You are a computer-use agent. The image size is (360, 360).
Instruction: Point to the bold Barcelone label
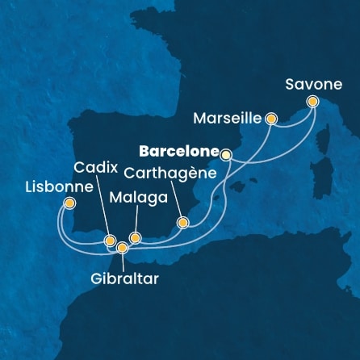[178, 150]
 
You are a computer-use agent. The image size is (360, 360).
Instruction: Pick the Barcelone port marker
[226, 153]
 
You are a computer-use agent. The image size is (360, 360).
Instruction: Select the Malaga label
[135, 197]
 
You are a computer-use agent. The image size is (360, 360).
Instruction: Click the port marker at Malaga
[135, 238]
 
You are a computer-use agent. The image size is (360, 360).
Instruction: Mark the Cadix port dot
[109, 240]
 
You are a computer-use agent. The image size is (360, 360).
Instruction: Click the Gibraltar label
[124, 278]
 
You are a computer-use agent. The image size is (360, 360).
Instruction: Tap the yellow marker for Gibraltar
[122, 248]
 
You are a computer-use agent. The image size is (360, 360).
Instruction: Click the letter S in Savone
[289, 84]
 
